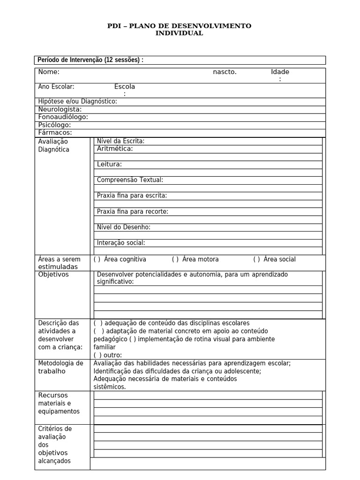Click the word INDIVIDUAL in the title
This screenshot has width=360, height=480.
(180, 33)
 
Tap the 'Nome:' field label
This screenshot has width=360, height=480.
(49, 72)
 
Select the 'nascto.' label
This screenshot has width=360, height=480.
(225, 72)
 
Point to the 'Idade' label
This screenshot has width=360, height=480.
(280, 72)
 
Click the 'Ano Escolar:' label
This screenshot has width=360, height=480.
(56, 87)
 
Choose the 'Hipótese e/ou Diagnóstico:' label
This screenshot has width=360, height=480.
(77, 101)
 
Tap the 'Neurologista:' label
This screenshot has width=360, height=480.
(60, 109)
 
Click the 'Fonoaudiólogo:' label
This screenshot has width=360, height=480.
(63, 117)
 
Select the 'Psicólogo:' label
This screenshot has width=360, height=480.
(54, 125)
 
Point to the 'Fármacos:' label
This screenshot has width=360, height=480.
(55, 133)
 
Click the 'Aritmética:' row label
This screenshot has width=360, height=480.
(115, 149)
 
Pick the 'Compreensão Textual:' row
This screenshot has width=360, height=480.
(130, 180)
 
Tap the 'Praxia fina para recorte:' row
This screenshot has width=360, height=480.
(132, 211)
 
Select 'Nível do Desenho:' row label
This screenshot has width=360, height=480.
(123, 227)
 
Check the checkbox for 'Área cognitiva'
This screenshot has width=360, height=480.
(97, 259)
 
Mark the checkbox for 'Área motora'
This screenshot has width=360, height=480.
(175, 259)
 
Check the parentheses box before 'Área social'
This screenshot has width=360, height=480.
(256, 259)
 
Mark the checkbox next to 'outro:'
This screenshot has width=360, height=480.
(97, 355)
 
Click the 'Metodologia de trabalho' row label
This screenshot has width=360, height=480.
(60, 367)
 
